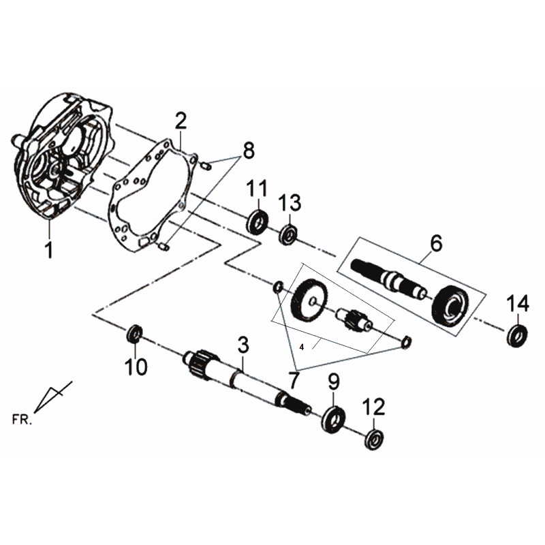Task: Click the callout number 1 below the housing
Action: click(x=49, y=249)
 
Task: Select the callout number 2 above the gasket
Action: click(x=181, y=121)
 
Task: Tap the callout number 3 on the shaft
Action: click(x=243, y=345)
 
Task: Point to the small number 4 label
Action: click(x=302, y=347)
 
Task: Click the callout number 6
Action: click(x=436, y=243)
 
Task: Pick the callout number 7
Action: click(x=294, y=380)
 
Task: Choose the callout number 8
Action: click(x=249, y=150)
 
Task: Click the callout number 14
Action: click(x=518, y=303)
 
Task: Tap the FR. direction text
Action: click(x=22, y=419)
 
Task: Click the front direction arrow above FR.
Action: click(x=53, y=397)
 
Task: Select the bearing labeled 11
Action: click(x=258, y=221)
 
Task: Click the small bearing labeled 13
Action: click(x=288, y=234)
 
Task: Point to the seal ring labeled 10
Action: click(x=134, y=333)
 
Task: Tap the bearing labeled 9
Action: click(x=333, y=419)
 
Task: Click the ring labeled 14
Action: click(x=517, y=335)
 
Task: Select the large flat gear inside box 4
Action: click(x=309, y=300)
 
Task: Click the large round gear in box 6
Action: click(x=450, y=306)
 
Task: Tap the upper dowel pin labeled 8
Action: click(x=206, y=166)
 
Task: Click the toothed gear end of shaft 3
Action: click(x=200, y=363)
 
